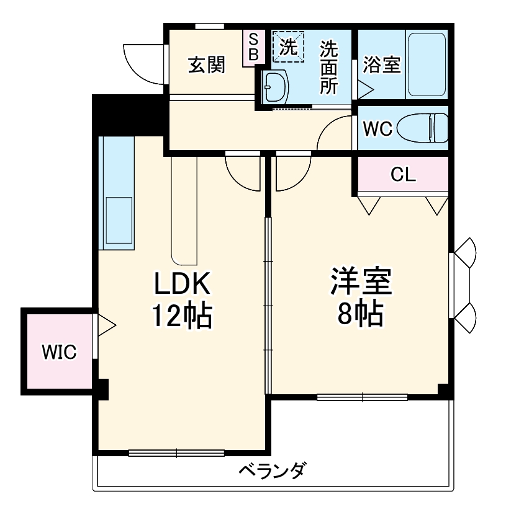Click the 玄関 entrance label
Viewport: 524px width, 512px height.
click(206, 64)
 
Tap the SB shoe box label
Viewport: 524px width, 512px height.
click(253, 47)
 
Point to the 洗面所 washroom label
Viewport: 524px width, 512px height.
click(329, 67)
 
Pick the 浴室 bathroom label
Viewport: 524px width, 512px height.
click(381, 65)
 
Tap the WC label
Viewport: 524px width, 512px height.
click(377, 129)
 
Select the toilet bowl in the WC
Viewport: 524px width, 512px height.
click(422, 128)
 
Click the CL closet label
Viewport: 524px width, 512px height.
click(403, 175)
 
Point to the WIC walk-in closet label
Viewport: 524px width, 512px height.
click(59, 353)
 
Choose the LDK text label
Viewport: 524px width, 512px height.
click(183, 284)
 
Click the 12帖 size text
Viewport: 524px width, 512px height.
click(183, 316)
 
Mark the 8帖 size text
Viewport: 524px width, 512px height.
click(360, 316)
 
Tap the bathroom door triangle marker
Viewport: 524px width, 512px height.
click(365, 87)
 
